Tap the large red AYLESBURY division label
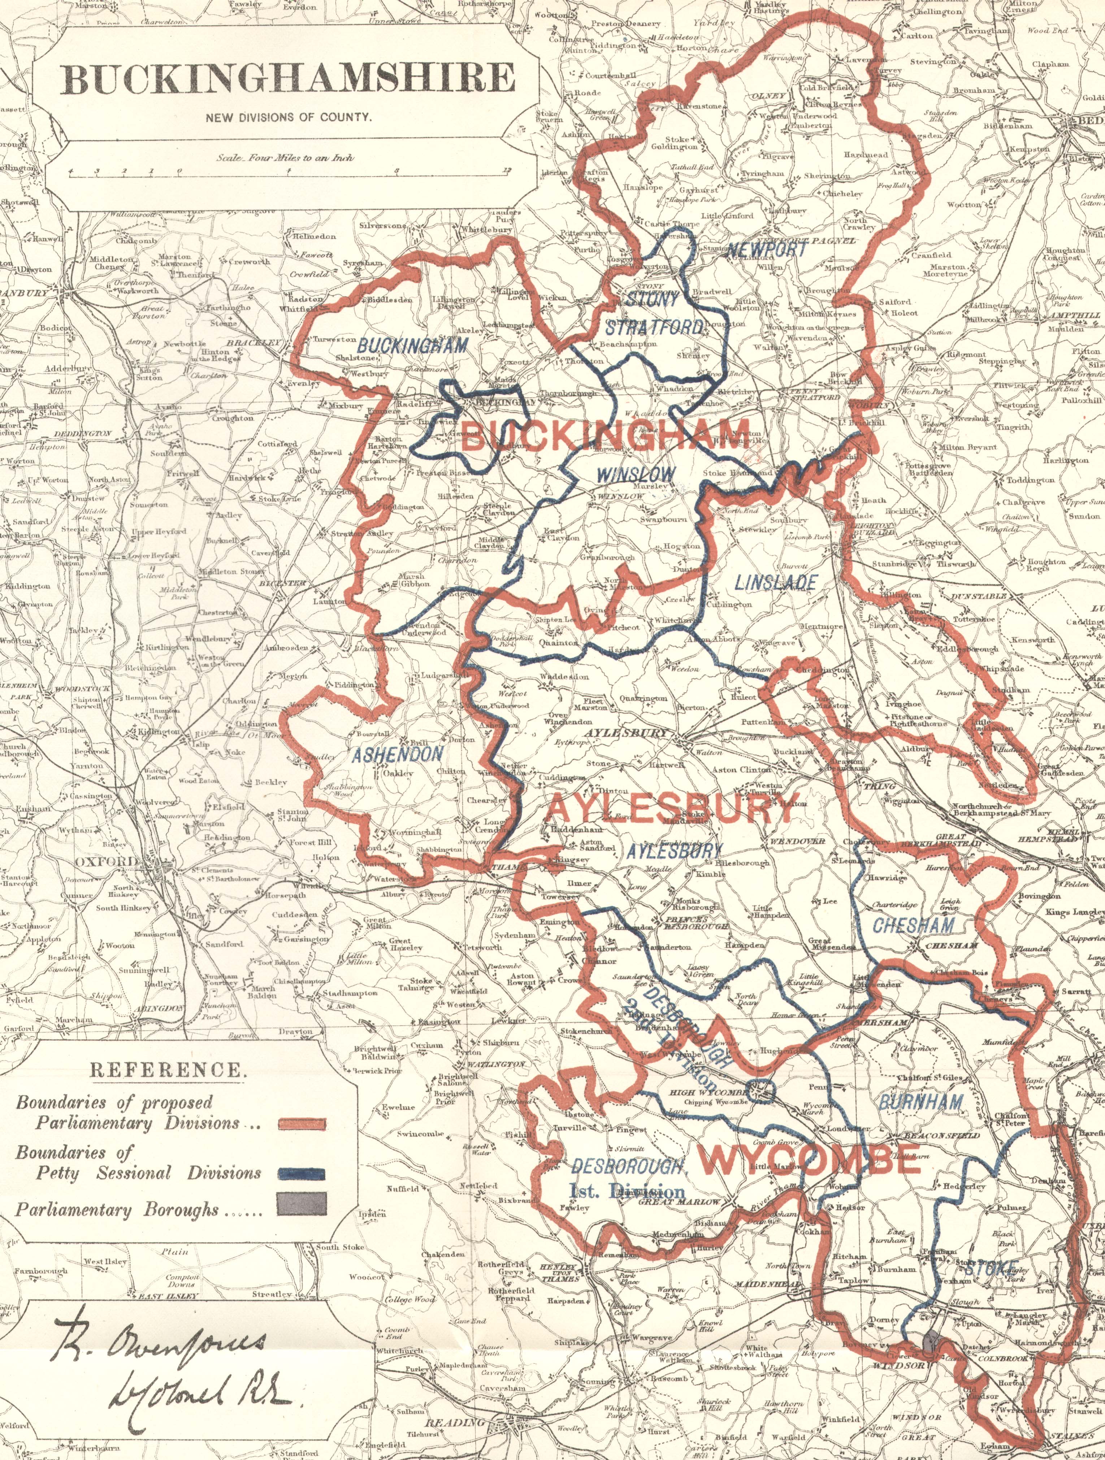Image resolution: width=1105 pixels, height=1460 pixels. coord(674,809)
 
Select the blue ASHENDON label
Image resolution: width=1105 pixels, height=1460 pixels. coord(397,755)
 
